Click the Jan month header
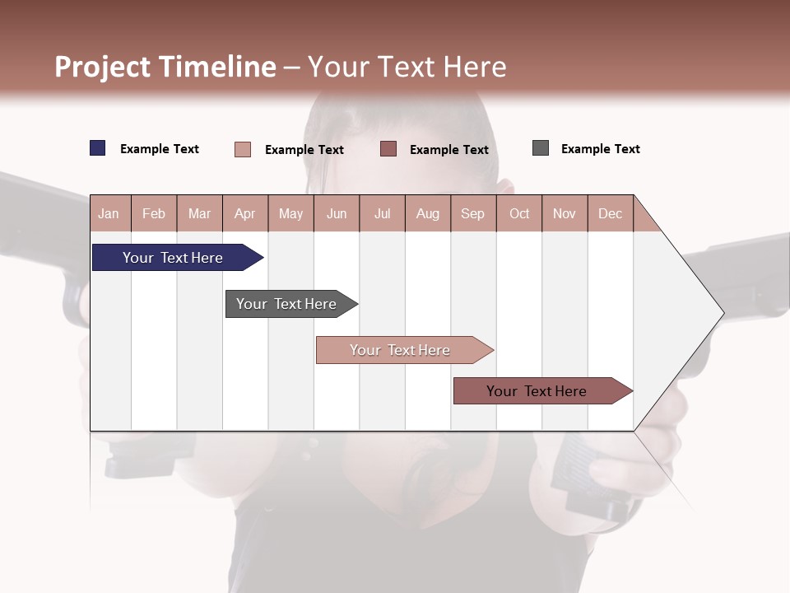(x=109, y=213)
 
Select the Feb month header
(x=154, y=213)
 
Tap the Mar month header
(x=199, y=213)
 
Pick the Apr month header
(x=245, y=213)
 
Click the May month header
(x=290, y=213)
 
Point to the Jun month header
(x=337, y=213)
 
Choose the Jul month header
(x=382, y=213)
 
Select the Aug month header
(x=428, y=213)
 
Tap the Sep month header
(x=473, y=213)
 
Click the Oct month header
(x=519, y=213)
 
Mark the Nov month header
(x=565, y=213)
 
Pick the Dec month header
(x=611, y=213)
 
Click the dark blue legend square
(x=98, y=148)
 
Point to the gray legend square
(x=541, y=148)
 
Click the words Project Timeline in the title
(x=165, y=67)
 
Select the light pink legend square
(x=243, y=149)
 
